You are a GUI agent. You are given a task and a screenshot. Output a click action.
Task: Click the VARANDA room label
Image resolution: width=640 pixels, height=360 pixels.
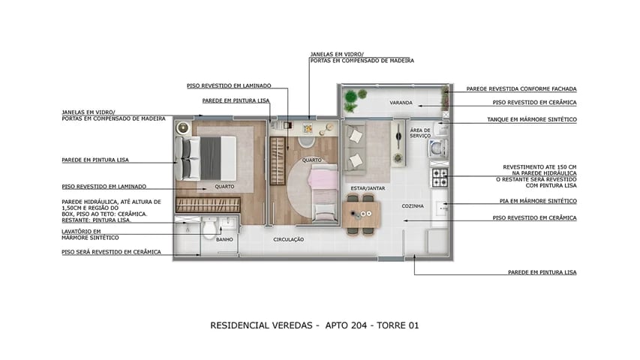402,102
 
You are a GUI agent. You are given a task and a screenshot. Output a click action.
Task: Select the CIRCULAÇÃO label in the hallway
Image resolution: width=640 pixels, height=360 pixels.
288,239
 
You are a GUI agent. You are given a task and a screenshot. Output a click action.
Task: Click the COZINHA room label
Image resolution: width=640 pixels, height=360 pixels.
413,205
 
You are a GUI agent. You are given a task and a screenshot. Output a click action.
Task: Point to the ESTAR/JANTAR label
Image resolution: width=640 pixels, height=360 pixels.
368,188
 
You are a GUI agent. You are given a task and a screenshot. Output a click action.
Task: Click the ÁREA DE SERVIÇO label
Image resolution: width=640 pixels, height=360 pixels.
420,132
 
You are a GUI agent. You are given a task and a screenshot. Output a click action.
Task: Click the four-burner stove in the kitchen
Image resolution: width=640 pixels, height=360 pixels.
440,178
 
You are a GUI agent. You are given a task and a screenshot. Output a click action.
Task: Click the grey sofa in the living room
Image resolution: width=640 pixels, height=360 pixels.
356,145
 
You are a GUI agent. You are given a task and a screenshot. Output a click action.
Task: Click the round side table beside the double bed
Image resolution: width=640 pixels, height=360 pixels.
182,128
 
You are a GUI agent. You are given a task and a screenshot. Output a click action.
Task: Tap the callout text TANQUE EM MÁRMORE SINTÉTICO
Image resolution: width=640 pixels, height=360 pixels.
534,119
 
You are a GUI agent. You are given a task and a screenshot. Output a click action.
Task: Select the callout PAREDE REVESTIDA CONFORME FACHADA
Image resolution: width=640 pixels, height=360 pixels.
521,88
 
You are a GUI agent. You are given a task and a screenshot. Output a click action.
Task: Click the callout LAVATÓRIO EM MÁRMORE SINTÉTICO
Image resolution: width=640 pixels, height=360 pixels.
84,235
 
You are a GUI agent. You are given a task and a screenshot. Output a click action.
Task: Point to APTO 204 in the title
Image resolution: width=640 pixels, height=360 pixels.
352,325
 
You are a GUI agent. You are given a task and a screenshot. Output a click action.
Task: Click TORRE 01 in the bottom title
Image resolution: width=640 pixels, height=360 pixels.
398,325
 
